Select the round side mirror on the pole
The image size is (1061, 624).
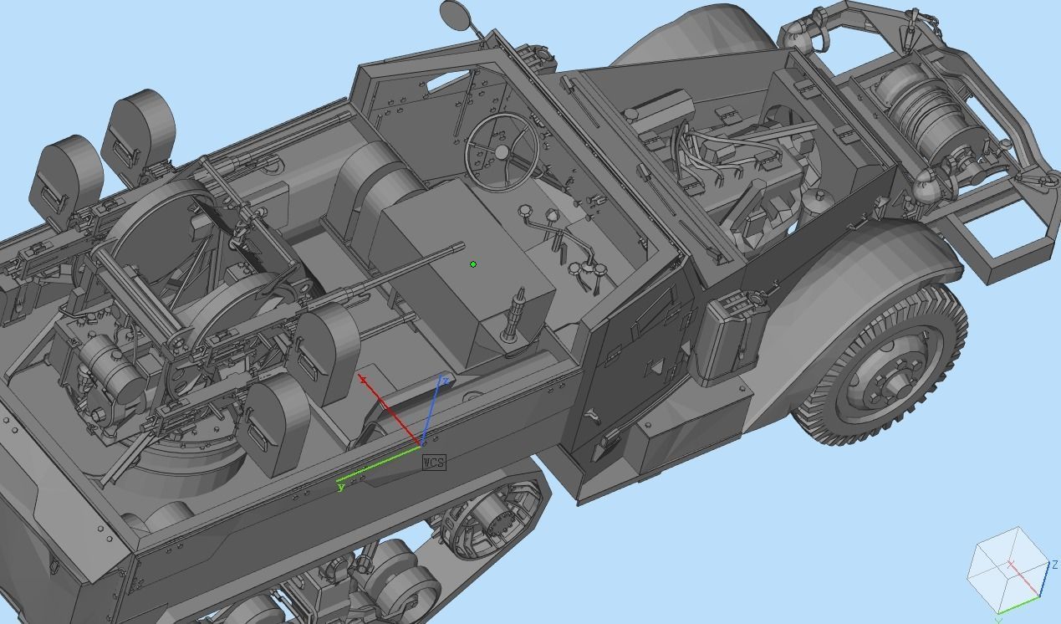click(454, 14)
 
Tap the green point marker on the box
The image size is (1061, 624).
click(474, 264)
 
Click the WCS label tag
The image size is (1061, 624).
click(434, 463)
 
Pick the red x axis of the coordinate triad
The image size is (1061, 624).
click(390, 411)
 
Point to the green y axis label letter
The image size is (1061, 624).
click(341, 487)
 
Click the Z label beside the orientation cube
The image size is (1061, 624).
click(1054, 565)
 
